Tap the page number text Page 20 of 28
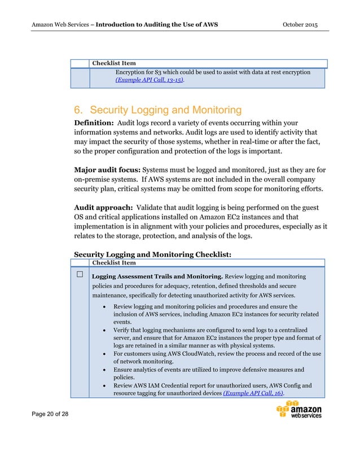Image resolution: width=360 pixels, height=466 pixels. (51, 415)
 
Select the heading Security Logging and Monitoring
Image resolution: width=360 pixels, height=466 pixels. (158, 110)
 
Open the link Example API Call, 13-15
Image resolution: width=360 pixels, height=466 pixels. (150, 80)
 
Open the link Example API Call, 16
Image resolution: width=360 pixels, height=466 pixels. (253, 393)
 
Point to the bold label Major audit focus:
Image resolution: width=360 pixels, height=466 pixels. (107, 169)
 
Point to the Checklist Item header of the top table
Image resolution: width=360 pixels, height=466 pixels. (114, 64)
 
